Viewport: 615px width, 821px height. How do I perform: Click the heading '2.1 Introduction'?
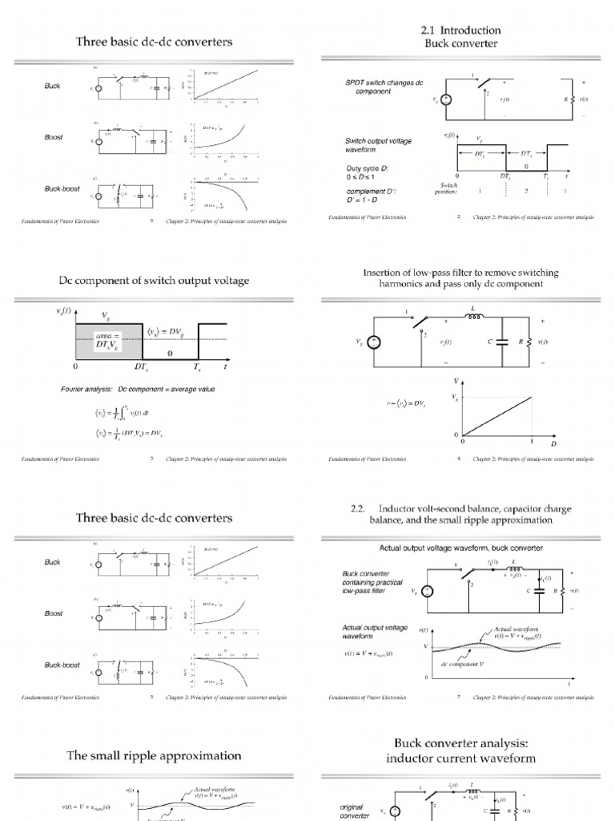(460, 30)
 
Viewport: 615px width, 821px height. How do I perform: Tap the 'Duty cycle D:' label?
(357, 169)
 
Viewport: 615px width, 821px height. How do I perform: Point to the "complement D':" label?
(361, 192)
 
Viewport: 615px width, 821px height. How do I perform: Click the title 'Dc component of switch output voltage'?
(154, 280)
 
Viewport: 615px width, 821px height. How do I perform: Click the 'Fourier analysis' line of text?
(138, 389)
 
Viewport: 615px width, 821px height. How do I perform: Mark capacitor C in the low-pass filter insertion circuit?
(502, 341)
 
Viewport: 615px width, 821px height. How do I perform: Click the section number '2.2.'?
(357, 508)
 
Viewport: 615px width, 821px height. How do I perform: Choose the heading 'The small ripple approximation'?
(154, 755)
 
